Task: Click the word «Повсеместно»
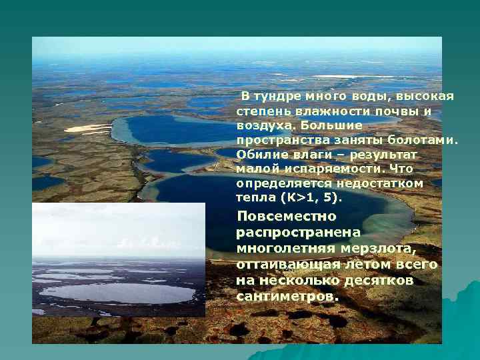(x=287, y=217)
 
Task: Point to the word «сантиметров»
(x=287, y=296)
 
